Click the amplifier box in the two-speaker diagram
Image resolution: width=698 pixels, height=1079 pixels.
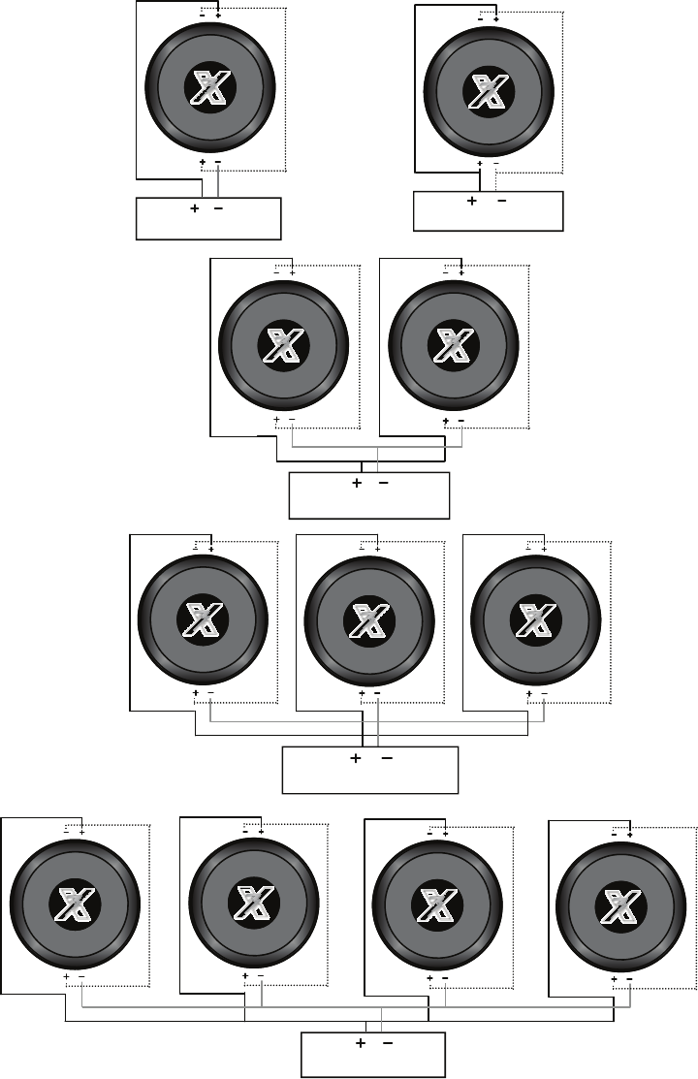coord(369,496)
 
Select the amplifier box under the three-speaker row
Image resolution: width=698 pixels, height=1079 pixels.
coord(369,770)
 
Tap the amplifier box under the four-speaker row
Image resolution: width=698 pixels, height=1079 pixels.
coord(373,1054)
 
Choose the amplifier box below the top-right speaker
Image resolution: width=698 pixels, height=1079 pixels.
coord(488,211)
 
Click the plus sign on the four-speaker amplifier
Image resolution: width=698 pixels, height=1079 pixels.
coord(361,1044)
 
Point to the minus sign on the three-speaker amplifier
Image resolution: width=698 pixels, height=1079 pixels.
coord(386,760)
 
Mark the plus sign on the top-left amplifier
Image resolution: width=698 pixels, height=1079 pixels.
coord(195,209)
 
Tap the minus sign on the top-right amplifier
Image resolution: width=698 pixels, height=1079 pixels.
coord(501,202)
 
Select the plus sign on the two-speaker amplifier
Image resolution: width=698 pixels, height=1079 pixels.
coord(357,483)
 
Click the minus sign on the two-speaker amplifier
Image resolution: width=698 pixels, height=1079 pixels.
coord(384,483)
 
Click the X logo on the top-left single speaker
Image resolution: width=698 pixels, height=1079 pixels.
coord(209,90)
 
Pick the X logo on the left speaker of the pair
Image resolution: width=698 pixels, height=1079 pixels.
coord(283,346)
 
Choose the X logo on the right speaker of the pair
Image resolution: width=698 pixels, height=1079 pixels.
coord(452,346)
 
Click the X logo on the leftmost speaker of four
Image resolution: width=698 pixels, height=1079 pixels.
coord(75,905)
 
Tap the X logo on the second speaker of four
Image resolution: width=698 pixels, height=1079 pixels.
coord(256,905)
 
